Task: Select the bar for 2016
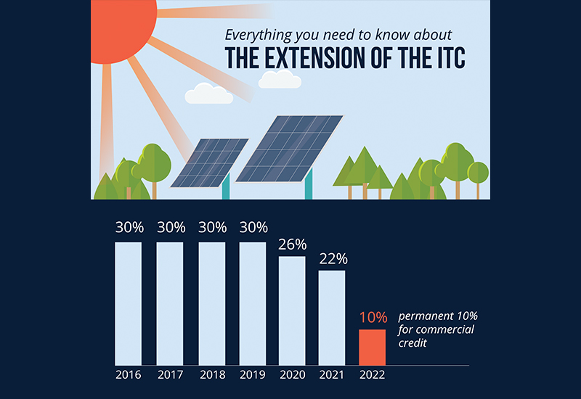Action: click(x=128, y=303)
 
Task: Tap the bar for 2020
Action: click(x=292, y=310)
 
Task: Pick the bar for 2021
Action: click(x=332, y=317)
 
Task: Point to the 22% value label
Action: click(x=333, y=258)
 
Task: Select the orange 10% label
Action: click(x=373, y=317)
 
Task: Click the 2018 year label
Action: click(x=211, y=376)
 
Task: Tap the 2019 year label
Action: click(x=253, y=376)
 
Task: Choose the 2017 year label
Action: click(x=170, y=376)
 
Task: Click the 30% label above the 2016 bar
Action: click(x=129, y=227)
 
